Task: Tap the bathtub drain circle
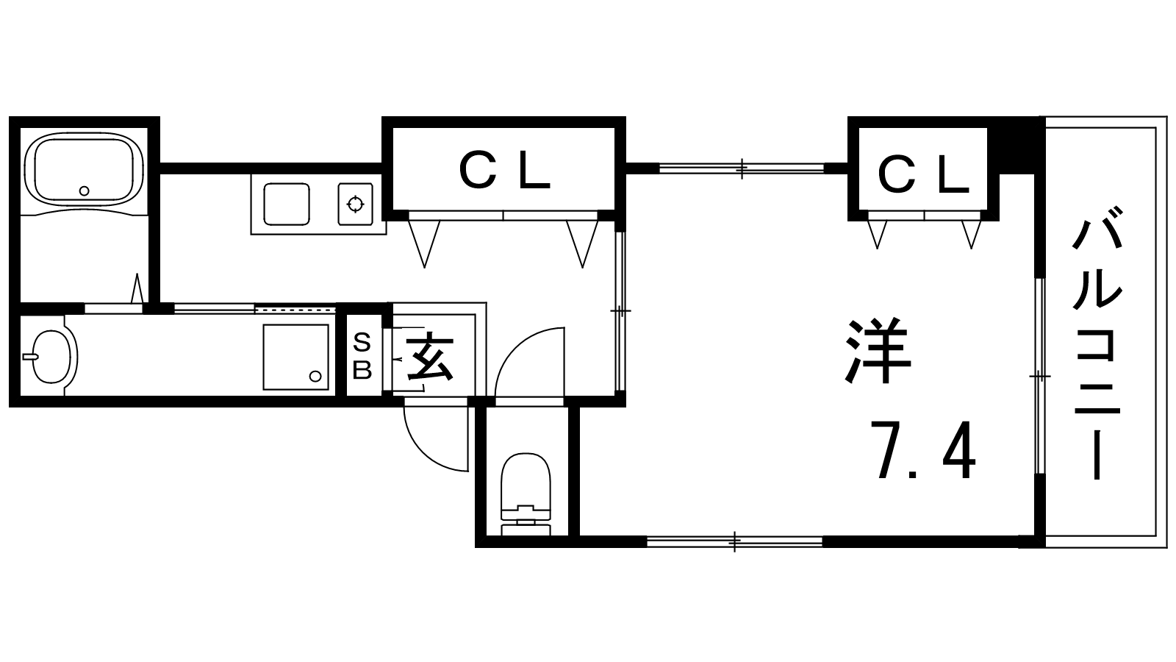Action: pos(84,191)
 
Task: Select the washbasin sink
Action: pos(52,356)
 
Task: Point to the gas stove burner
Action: pos(355,202)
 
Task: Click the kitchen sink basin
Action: pos(287,204)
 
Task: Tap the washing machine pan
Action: pos(295,357)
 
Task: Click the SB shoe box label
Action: pos(362,355)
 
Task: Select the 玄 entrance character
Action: pos(429,355)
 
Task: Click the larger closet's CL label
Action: pos(504,172)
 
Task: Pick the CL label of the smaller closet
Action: pos(923,176)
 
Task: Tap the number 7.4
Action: pos(923,450)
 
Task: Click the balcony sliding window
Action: pos(1039,376)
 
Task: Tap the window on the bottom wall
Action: pos(734,542)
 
